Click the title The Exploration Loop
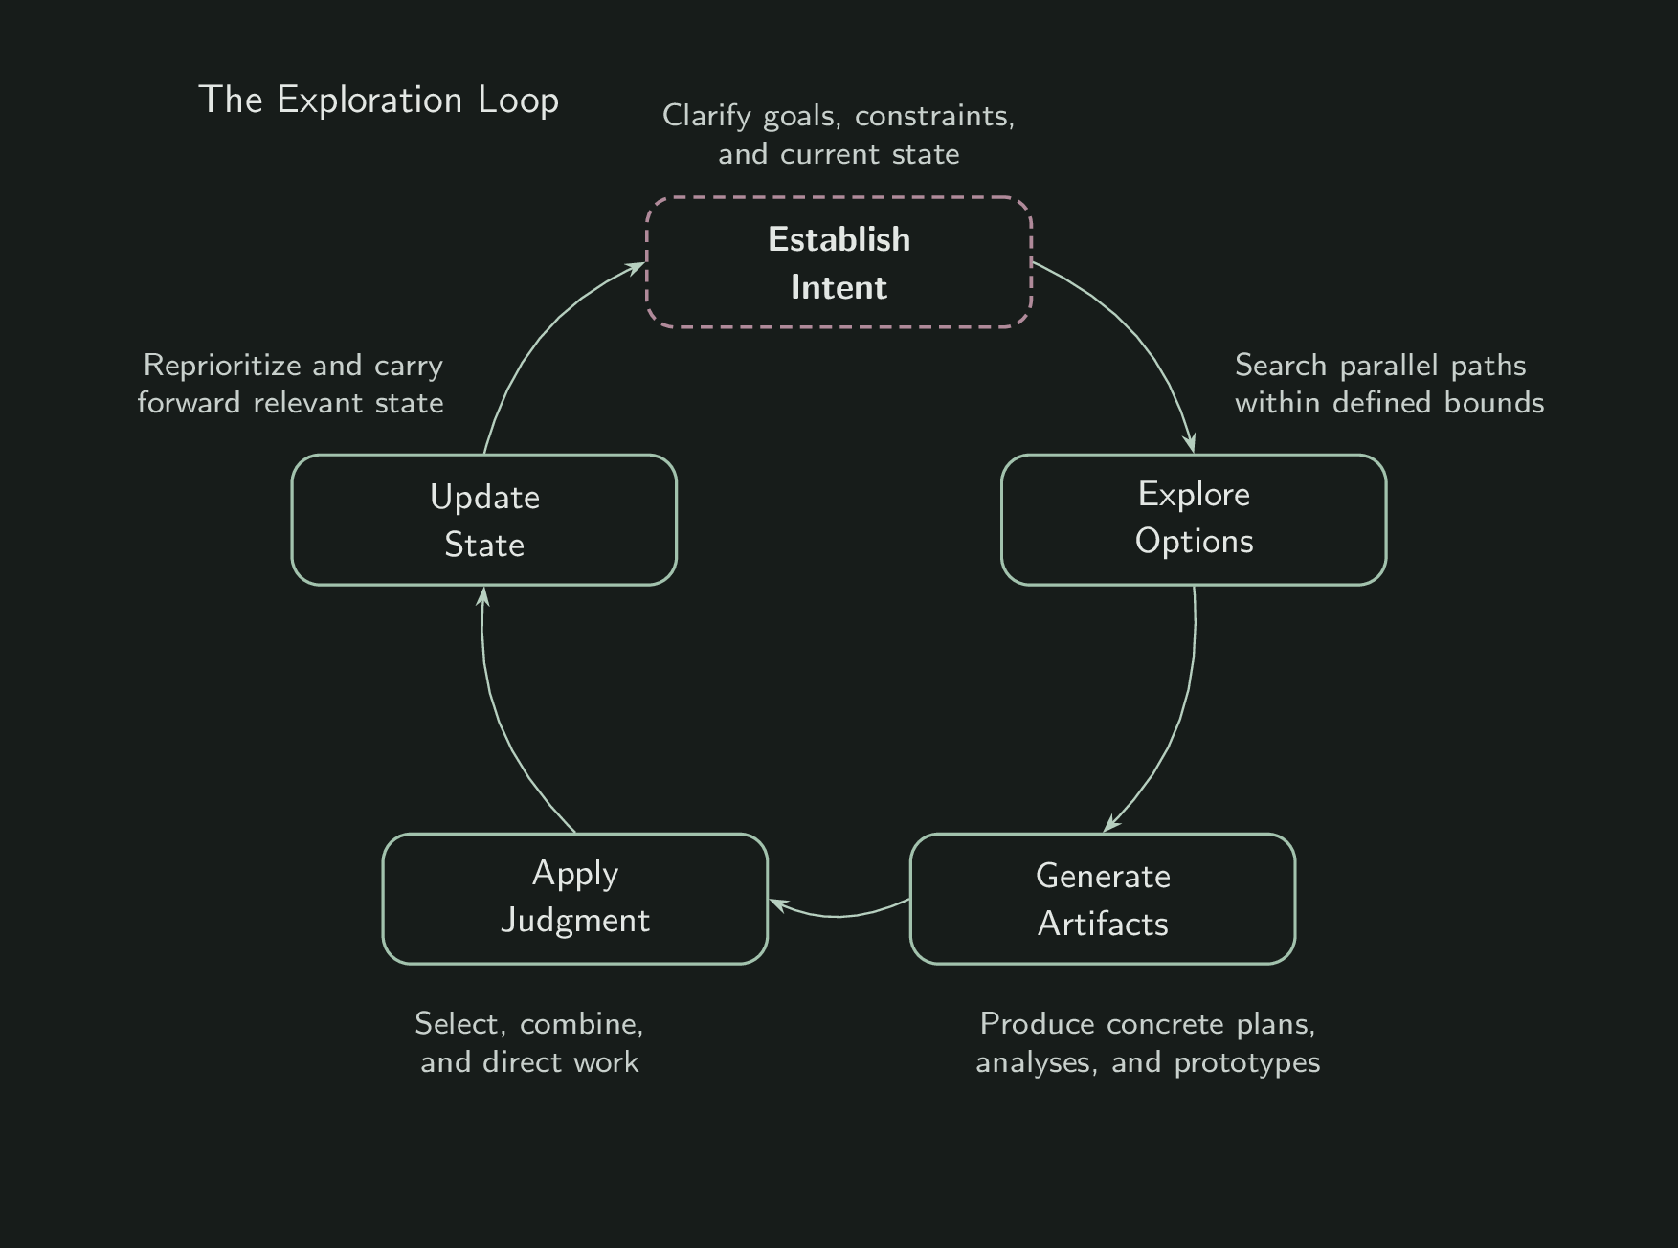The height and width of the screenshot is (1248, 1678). pos(378,100)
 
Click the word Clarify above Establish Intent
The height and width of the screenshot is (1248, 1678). pos(706,116)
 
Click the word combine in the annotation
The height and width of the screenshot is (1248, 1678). pos(581,1025)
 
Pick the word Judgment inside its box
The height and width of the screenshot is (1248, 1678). pos(574,921)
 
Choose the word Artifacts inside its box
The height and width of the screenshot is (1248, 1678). pos(1103,925)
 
